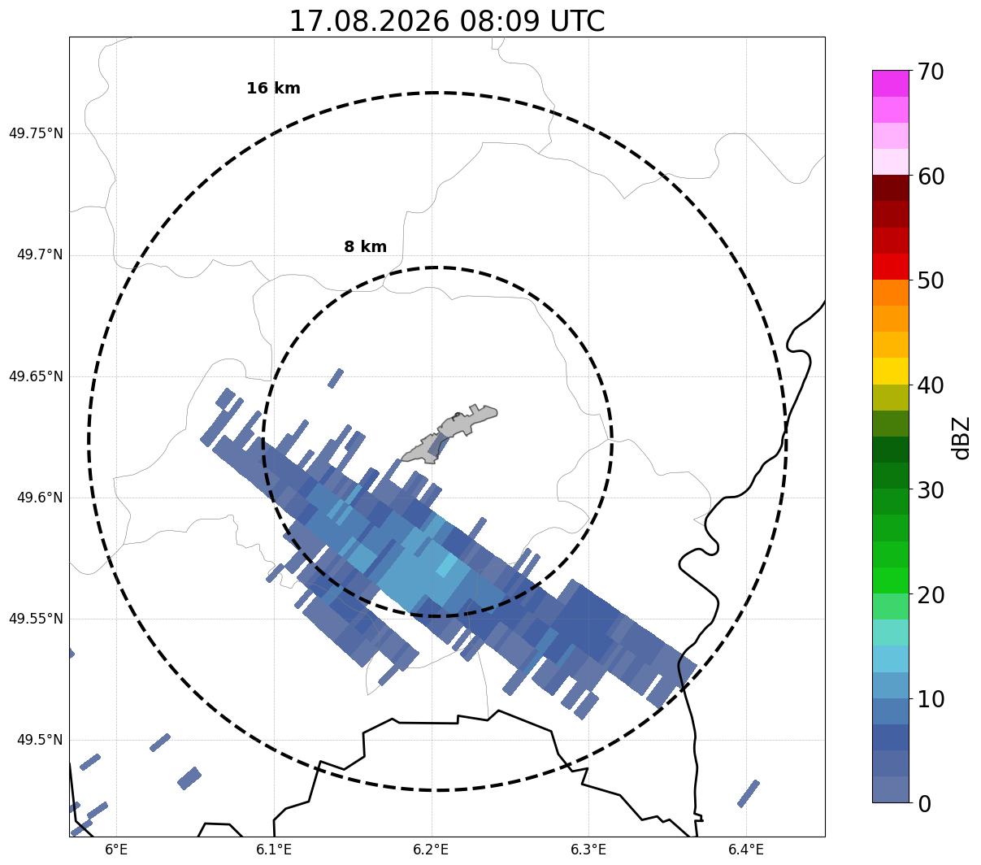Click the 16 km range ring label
click(273, 88)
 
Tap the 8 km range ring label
click(365, 246)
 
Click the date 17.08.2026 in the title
click(370, 22)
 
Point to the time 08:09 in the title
click(499, 22)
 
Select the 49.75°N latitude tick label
click(36, 133)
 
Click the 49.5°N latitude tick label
click(40, 740)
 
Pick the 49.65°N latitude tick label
click(36, 376)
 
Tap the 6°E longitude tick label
click(116, 850)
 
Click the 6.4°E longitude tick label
click(746, 850)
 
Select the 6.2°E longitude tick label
click(432, 850)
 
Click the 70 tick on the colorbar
click(931, 72)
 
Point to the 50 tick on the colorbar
click(931, 281)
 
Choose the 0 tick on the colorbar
click(924, 805)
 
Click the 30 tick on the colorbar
click(931, 490)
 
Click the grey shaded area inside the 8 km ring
click(450, 433)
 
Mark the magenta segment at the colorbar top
click(891, 83)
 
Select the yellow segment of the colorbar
click(891, 371)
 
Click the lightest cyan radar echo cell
click(446, 565)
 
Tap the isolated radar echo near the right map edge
click(748, 793)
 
